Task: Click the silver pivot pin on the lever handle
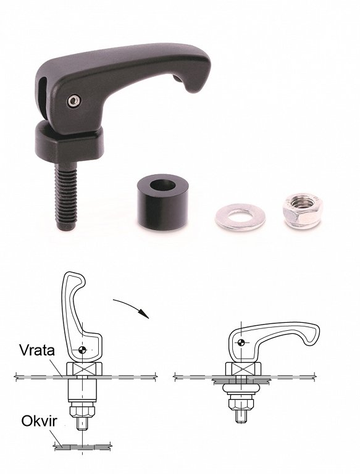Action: click(x=73, y=101)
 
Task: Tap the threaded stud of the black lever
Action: click(x=66, y=196)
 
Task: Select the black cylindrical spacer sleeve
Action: click(x=162, y=201)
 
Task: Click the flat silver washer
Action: click(x=240, y=217)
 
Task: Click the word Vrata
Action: click(x=37, y=351)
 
